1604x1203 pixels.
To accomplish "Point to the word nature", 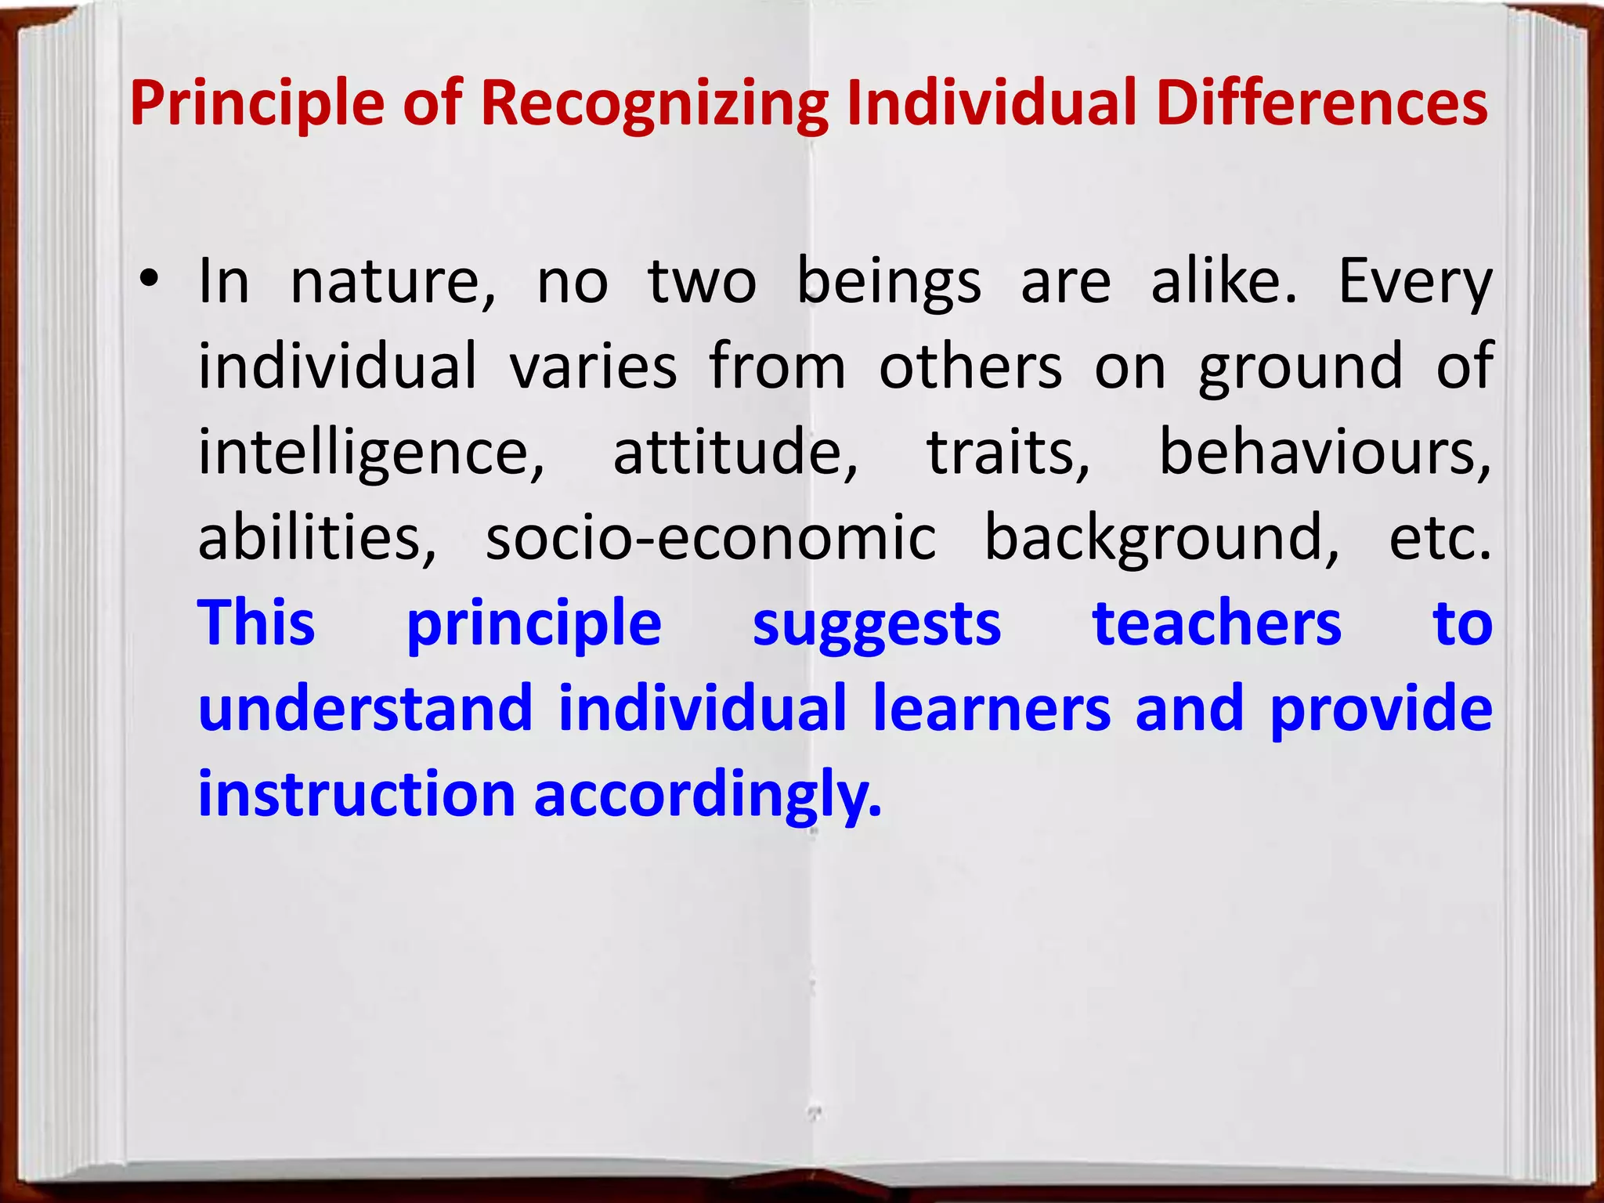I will point(393,282).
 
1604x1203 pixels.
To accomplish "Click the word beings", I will point(889,282).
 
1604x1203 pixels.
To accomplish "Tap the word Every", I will point(1414,282).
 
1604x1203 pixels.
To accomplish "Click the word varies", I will point(593,367).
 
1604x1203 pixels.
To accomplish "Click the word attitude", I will point(735,453).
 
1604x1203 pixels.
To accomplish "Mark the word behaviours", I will point(1324,453).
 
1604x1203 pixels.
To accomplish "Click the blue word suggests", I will point(876,625).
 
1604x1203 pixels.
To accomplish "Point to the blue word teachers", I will point(1217,623).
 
